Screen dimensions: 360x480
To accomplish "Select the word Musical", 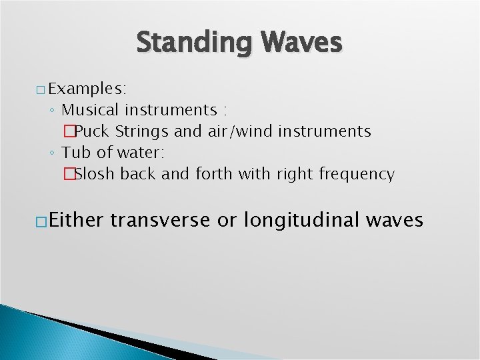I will click(90, 109).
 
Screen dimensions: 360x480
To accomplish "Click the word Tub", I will click(74, 153).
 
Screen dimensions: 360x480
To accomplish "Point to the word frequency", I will click(357, 175).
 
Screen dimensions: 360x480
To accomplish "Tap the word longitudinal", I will click(300, 219).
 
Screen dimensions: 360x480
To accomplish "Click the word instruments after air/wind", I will click(326, 131).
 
